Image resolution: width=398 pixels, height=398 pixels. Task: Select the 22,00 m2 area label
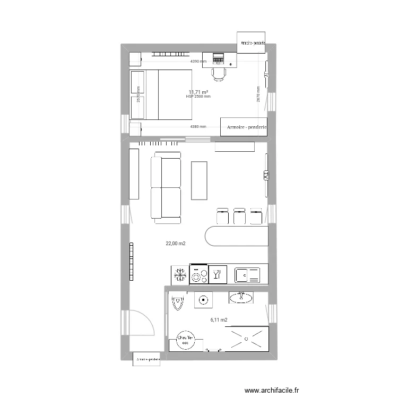point(176,244)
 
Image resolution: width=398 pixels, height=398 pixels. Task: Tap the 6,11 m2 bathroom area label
point(219,320)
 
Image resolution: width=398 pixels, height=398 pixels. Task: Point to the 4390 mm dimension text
point(199,62)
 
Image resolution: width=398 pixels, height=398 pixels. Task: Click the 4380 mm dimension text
point(198,127)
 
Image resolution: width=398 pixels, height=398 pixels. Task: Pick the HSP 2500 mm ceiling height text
point(198,97)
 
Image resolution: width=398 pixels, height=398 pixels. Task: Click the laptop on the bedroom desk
point(219,57)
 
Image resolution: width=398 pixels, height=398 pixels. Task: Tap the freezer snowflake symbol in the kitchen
point(179,274)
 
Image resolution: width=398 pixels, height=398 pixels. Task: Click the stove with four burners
point(199,274)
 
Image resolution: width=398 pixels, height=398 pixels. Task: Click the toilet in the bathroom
point(178,302)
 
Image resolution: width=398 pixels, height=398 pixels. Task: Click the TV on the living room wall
point(264,175)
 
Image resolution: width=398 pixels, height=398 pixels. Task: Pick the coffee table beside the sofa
point(200,180)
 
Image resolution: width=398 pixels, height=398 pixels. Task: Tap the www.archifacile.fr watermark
point(277,388)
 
